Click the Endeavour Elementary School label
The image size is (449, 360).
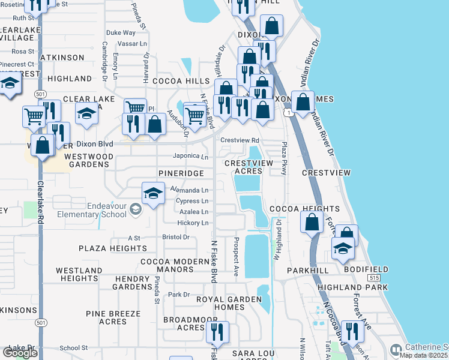coord(90,209)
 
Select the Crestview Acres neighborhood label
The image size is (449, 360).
coord(249,167)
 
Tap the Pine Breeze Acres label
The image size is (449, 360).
coord(105,317)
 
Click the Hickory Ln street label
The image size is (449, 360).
coord(193,223)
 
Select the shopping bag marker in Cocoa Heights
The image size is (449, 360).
coord(312,222)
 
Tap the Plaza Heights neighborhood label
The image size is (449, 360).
coord(104,248)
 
